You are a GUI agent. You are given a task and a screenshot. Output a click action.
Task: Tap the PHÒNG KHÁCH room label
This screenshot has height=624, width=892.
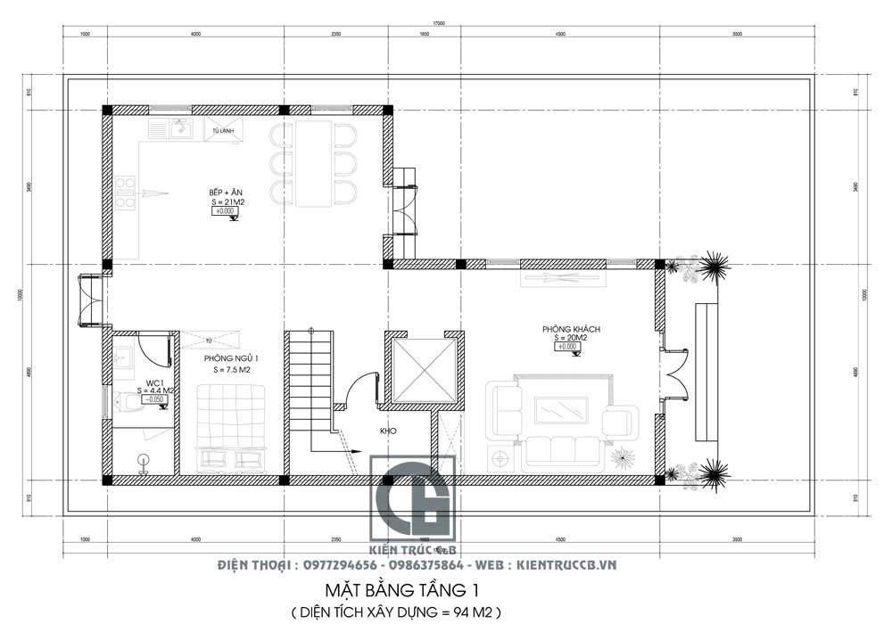pyautogui.click(x=571, y=329)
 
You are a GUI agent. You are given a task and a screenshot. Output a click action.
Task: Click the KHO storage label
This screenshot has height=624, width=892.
pyautogui.click(x=387, y=431)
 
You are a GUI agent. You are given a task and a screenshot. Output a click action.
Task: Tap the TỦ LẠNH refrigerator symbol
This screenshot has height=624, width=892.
pyautogui.click(x=223, y=130)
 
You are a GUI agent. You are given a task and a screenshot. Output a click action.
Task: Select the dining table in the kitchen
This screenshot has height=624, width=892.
pyautogui.click(x=313, y=163)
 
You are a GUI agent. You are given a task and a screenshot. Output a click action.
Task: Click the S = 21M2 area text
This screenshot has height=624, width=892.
pyautogui.click(x=228, y=202)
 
